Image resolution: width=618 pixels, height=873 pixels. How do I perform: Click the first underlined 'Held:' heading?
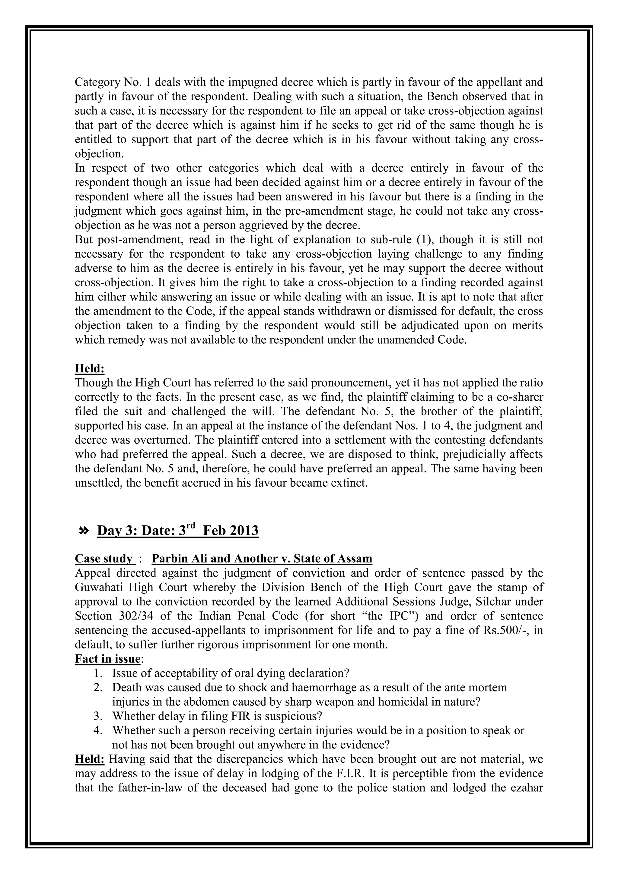(89, 368)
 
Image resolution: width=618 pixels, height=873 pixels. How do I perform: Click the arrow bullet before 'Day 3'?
(83, 531)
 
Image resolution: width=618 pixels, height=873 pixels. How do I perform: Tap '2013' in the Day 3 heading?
(244, 531)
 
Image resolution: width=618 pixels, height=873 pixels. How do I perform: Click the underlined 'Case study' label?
(104, 559)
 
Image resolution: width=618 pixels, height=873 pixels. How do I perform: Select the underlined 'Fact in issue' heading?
(108, 659)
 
